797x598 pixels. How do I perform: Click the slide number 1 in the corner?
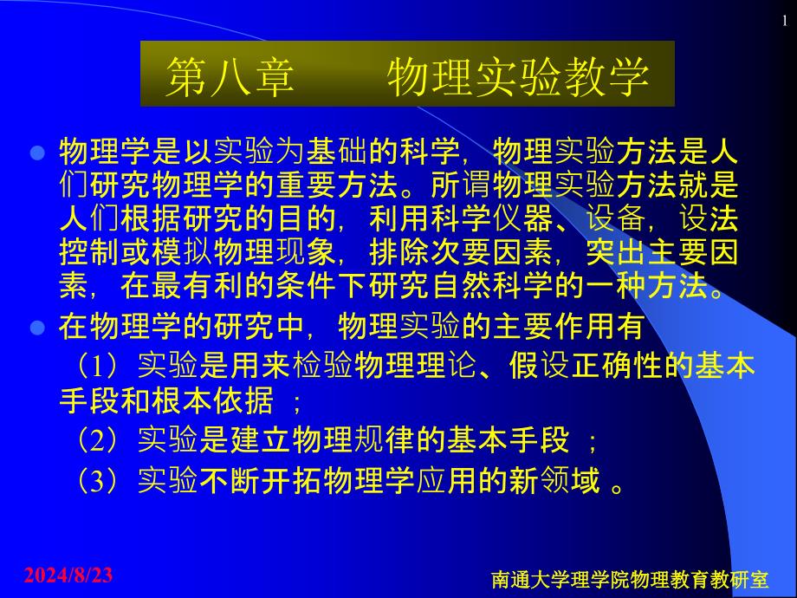785,20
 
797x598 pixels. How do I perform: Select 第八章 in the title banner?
230,77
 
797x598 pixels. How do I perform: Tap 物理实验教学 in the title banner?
518,77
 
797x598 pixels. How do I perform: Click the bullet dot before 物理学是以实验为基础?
37,153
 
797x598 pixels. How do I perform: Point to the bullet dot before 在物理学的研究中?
37,327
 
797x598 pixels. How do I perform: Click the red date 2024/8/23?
68,575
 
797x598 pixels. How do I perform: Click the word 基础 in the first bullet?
337,152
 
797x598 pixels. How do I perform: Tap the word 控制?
90,252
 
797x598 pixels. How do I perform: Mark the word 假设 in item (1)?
540,366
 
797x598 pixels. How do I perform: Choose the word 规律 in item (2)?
385,440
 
